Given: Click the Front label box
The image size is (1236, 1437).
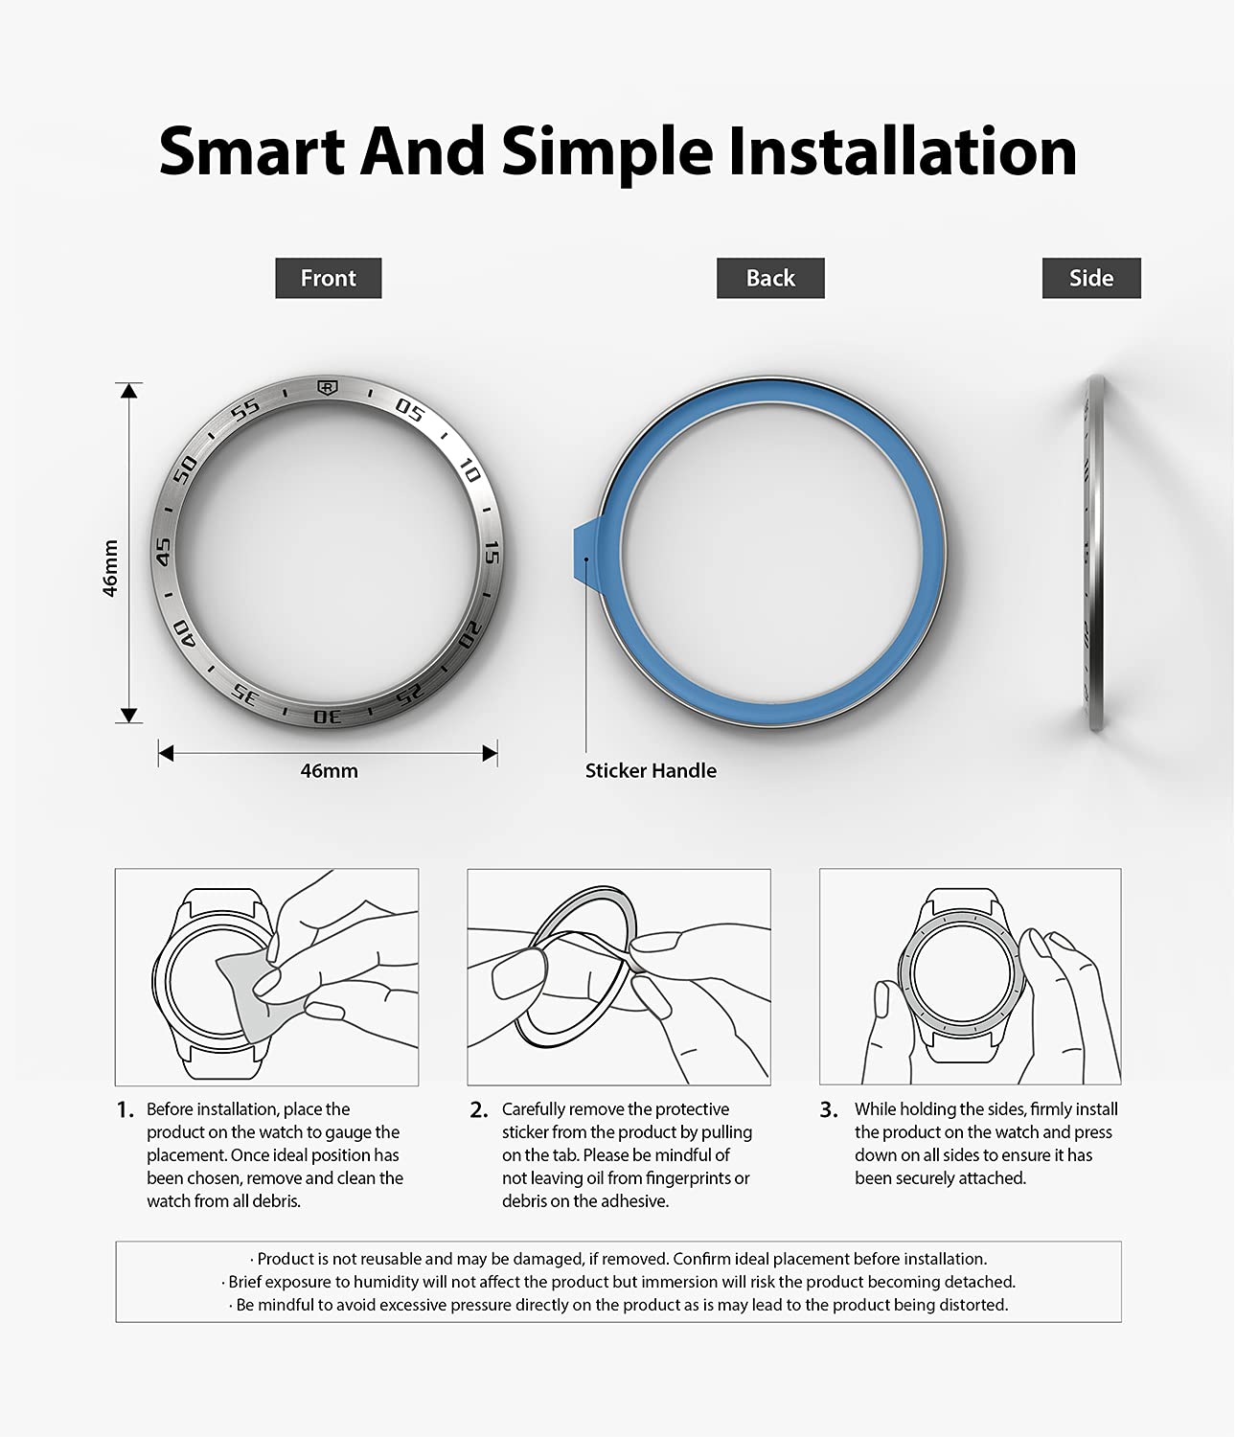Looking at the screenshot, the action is [328, 278].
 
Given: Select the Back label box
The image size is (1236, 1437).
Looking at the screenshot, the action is [770, 278].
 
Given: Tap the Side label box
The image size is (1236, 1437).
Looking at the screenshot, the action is [1091, 278].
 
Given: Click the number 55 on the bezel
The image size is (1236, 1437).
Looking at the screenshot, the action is [245, 409].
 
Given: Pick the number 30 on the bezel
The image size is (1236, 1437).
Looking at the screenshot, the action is [328, 716].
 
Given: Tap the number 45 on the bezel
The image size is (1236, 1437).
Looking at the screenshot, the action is [163, 551].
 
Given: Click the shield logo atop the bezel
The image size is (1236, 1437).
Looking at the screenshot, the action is [327, 387].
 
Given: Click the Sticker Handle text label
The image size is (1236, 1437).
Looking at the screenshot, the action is [651, 770].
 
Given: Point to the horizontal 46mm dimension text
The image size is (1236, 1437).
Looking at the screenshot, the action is [329, 770].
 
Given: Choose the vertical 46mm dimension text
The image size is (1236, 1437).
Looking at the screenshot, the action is [110, 568].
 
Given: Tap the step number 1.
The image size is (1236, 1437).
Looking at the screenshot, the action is [126, 1110].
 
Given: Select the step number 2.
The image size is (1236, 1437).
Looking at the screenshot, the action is [478, 1110].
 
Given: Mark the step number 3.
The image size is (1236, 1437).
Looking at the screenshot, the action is [829, 1110].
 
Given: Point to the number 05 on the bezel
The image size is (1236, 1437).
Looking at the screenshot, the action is [409, 410].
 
